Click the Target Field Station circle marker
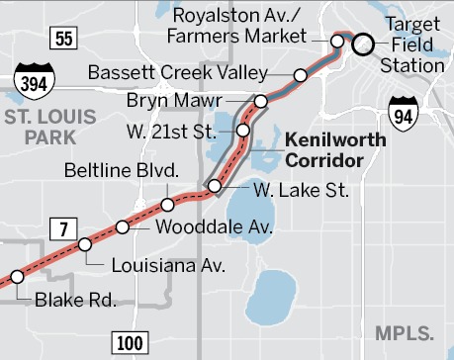[363, 44]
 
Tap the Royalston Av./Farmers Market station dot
[337, 42]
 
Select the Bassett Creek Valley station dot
[300, 74]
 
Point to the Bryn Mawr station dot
[261, 101]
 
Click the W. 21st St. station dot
[243, 130]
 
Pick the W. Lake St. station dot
[214, 186]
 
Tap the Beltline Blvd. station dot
[168, 205]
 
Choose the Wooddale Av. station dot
[123, 226]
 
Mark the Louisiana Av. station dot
[85, 243]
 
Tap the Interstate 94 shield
[404, 111]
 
